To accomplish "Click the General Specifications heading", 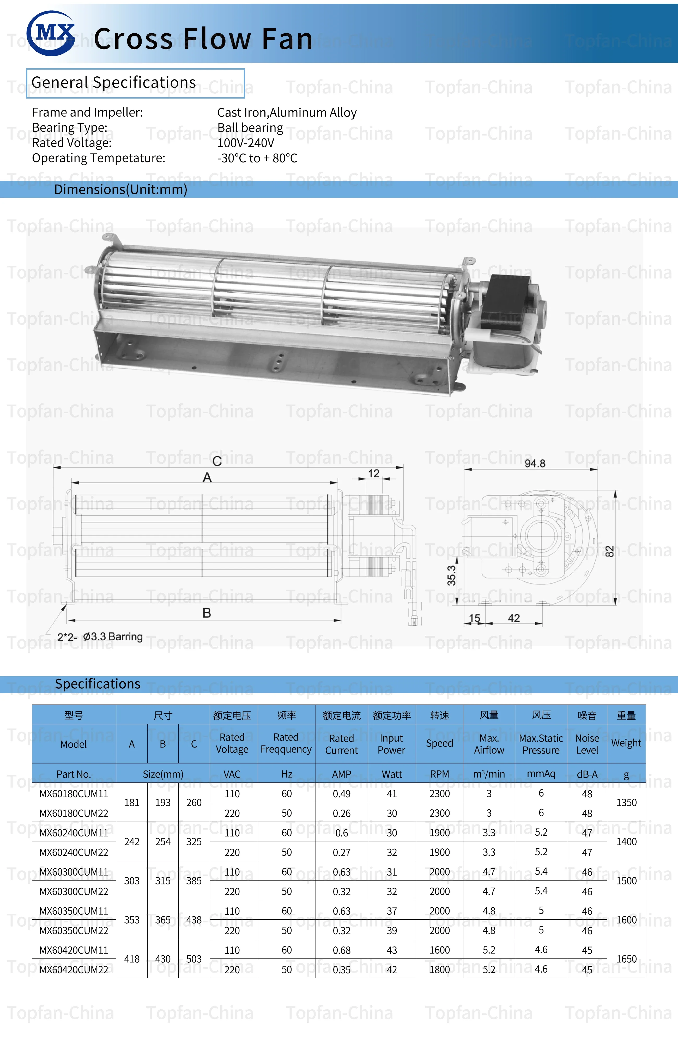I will click(x=114, y=82).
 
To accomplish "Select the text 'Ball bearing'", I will click(x=250, y=128).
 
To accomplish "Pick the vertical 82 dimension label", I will click(x=609, y=551).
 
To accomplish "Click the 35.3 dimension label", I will click(x=452, y=575).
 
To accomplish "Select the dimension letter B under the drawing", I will click(x=207, y=613).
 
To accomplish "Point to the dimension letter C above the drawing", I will click(x=217, y=461).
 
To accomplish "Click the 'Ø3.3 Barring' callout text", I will click(x=113, y=636).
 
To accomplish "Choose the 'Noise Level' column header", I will click(x=587, y=744).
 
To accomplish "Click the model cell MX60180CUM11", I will click(x=74, y=794).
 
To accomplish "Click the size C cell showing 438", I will click(x=194, y=920).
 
